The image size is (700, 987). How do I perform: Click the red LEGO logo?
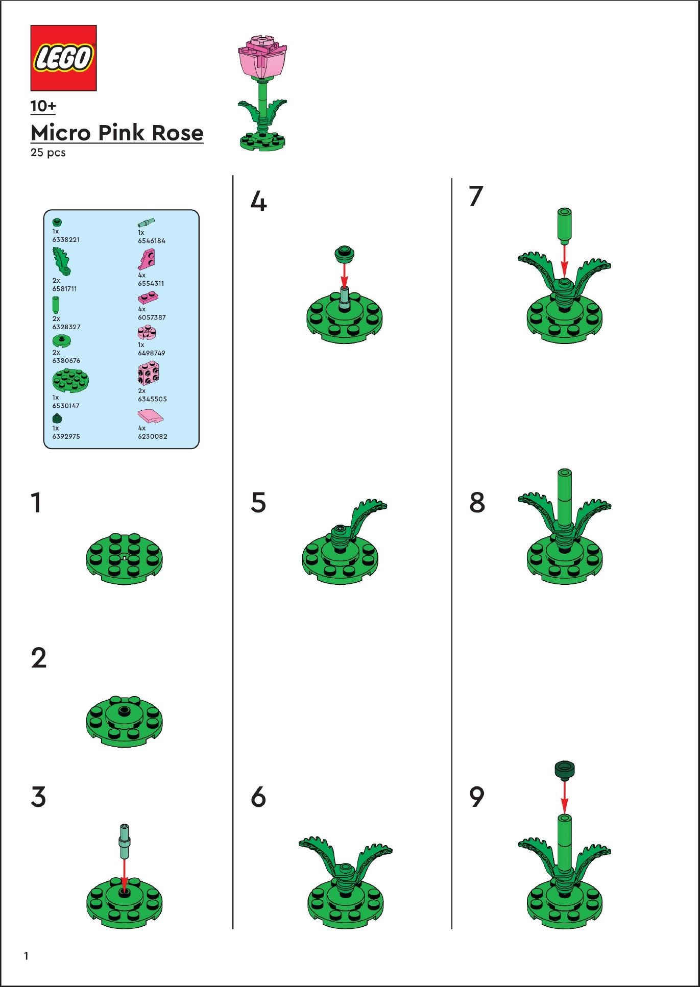63,58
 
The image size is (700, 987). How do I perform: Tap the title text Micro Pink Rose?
117,133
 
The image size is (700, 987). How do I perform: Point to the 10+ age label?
43,106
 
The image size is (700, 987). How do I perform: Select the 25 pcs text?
48,153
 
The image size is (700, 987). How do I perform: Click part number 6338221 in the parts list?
66,239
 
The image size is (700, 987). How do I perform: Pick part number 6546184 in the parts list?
152,240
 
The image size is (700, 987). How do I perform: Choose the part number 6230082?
152,436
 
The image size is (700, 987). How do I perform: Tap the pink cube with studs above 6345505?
148,374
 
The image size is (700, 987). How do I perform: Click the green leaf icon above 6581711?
61,261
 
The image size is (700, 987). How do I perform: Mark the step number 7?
476,196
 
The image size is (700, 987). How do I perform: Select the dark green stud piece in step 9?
564,770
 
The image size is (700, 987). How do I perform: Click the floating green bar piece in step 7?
564,225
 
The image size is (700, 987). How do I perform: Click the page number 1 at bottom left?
26,956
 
